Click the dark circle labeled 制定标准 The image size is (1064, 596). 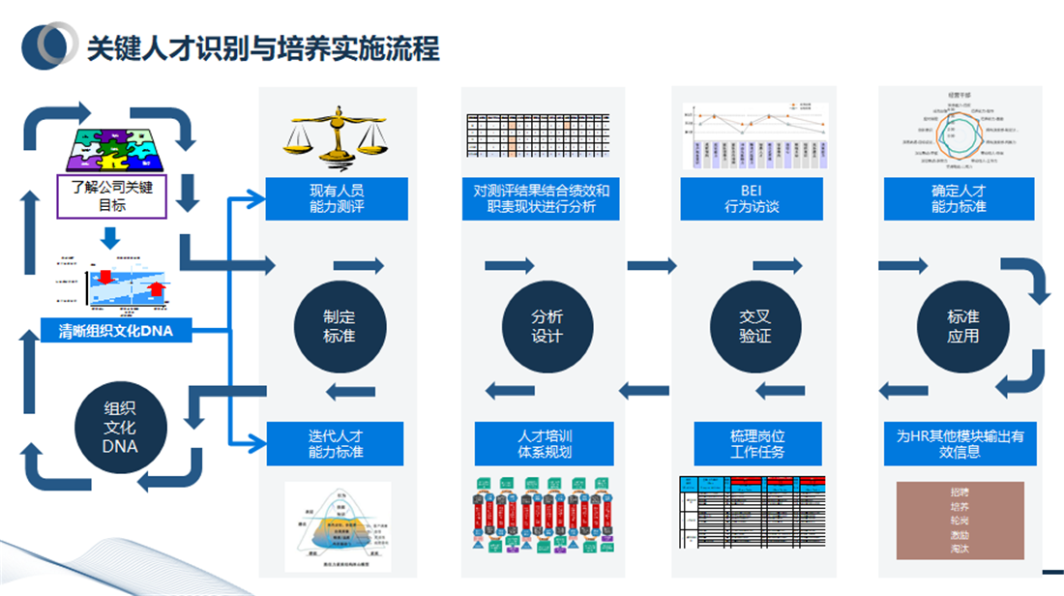(339, 326)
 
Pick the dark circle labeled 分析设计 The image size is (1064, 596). (547, 326)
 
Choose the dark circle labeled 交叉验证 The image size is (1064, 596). (755, 326)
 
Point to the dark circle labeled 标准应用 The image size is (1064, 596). (962, 326)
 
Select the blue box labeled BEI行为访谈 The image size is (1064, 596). (752, 198)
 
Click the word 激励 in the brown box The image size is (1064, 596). (960, 534)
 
